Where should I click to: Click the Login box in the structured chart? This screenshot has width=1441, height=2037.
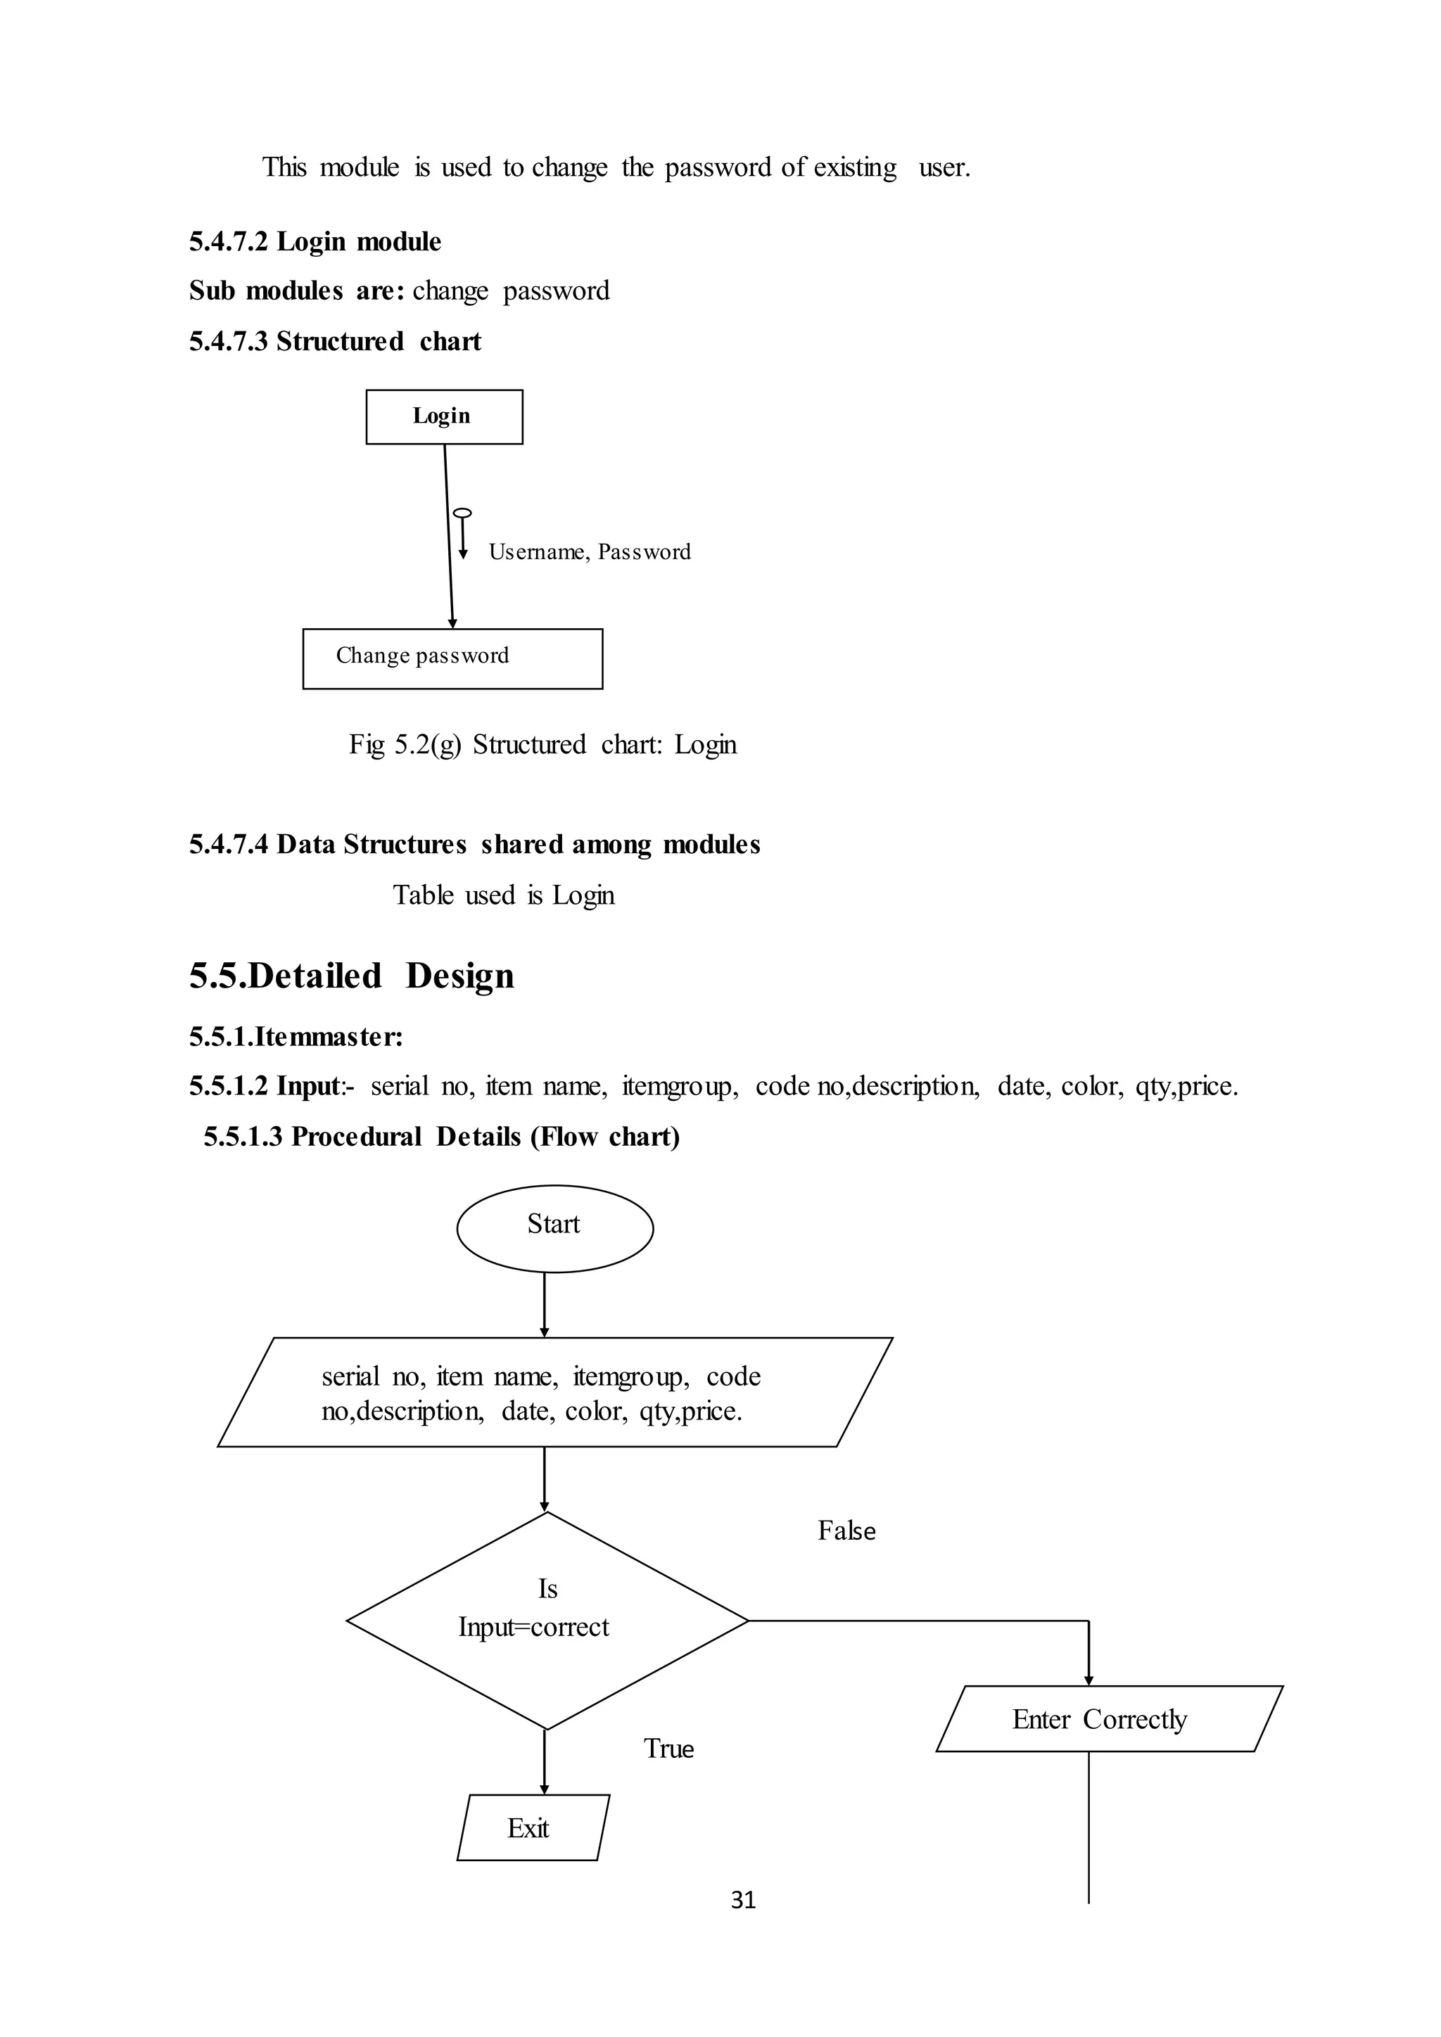444,416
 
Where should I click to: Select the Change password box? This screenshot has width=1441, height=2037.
452,658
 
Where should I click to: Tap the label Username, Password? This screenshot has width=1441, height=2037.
589,552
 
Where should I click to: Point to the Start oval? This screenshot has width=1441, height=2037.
554,1228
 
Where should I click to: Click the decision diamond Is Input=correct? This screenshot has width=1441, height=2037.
547,1620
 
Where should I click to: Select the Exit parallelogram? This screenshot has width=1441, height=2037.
533,1827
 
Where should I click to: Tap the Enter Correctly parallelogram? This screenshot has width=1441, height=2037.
1108,1718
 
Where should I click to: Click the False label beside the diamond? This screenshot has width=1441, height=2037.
846,1531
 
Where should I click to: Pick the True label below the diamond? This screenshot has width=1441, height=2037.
668,1749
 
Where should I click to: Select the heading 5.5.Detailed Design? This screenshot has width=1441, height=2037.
351,976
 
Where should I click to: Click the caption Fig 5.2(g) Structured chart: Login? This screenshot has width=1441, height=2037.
542,744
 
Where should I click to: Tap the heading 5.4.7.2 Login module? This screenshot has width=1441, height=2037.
315,241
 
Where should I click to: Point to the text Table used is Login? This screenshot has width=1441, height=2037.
503,895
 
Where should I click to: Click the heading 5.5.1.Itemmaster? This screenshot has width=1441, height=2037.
296,1036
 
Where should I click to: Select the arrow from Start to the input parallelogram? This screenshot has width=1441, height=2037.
544,1304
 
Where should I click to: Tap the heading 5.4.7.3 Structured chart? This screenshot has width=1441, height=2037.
334,342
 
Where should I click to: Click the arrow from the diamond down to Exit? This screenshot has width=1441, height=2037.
544,1761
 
